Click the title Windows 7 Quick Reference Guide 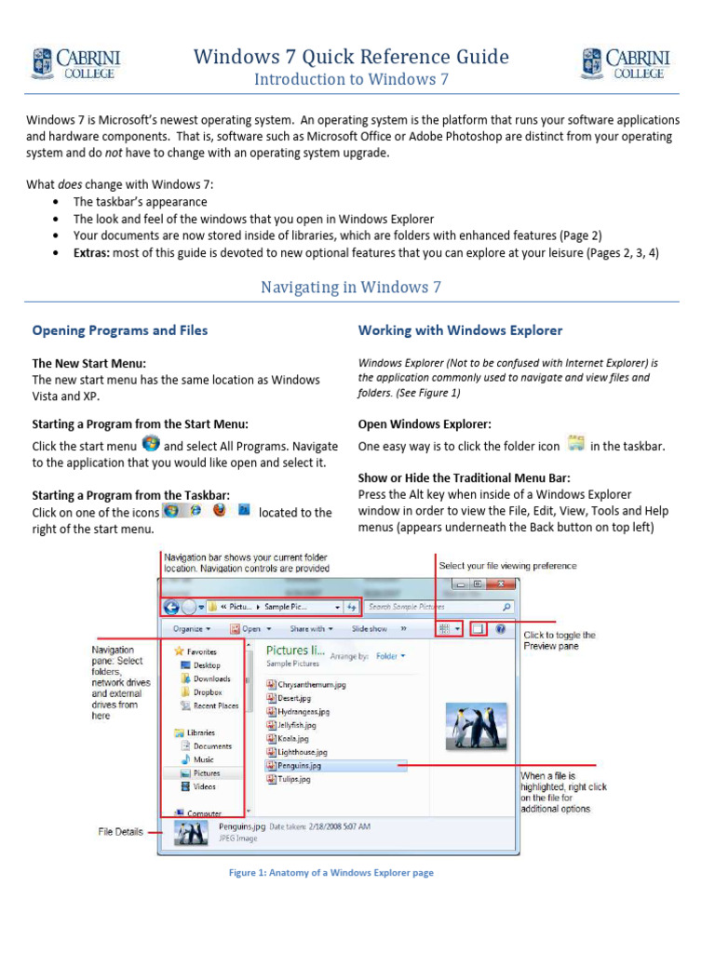[351, 57]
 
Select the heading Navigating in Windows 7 [351, 287]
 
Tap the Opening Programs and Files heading [120, 330]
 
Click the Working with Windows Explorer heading [460, 330]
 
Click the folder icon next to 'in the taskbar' [575, 444]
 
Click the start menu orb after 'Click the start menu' [150, 443]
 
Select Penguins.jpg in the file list [299, 765]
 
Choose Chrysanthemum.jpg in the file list [311, 684]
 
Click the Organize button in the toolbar [192, 629]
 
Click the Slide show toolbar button [369, 629]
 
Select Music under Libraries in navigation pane [203, 759]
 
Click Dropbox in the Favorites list [207, 692]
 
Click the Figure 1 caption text [332, 873]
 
